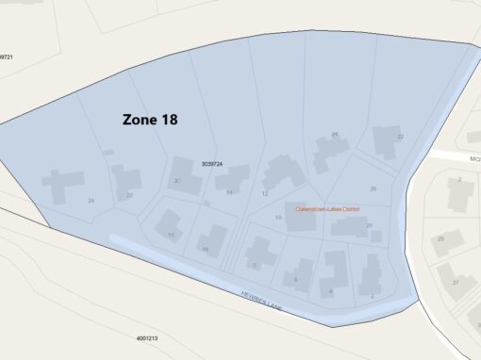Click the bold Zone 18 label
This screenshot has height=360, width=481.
[150, 120]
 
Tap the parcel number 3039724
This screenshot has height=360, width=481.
[211, 164]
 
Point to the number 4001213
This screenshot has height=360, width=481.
[146, 337]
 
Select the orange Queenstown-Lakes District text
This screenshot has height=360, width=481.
[327, 209]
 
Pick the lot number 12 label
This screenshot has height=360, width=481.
[265, 193]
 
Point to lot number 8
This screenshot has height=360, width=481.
[253, 265]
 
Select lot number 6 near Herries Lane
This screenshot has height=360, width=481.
[296, 279]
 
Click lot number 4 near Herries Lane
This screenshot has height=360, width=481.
[330, 292]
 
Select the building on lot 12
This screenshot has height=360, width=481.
[282, 173]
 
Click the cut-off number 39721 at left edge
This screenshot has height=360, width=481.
[6, 57]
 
